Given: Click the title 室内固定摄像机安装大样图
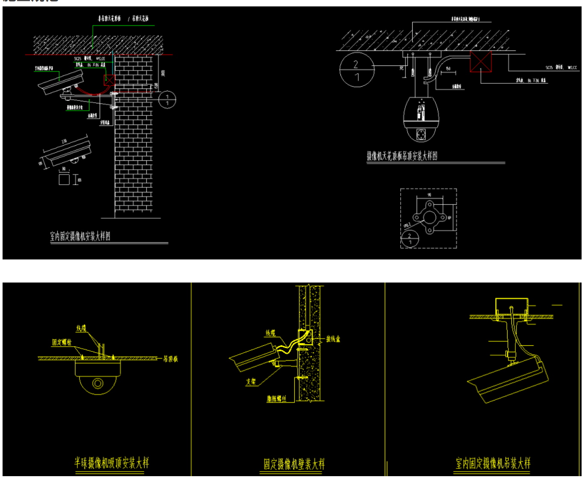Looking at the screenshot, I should [x=80, y=236].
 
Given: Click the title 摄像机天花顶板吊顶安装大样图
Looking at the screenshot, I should [x=402, y=156].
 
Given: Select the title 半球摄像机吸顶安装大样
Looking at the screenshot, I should [x=112, y=463].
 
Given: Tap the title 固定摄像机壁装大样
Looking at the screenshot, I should [x=294, y=464].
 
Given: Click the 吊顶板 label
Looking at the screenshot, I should [x=171, y=359].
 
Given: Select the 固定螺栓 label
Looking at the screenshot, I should [x=62, y=342].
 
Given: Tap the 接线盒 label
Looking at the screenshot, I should [x=333, y=339].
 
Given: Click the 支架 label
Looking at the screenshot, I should [x=251, y=382].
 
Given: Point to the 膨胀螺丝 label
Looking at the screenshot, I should [x=276, y=399].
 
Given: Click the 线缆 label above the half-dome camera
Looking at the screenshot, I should [x=81, y=328].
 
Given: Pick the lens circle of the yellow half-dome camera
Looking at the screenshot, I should [x=98, y=383].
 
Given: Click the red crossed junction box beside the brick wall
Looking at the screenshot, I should [x=109, y=80].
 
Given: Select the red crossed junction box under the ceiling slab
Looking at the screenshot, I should [x=481, y=62].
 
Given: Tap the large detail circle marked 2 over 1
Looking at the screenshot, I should [x=357, y=70].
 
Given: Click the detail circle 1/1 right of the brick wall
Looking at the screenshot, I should [x=167, y=100].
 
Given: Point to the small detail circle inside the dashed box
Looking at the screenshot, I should [x=410, y=239].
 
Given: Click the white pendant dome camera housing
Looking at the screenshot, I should [x=421, y=120].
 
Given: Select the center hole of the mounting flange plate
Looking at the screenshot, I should [x=429, y=218].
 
